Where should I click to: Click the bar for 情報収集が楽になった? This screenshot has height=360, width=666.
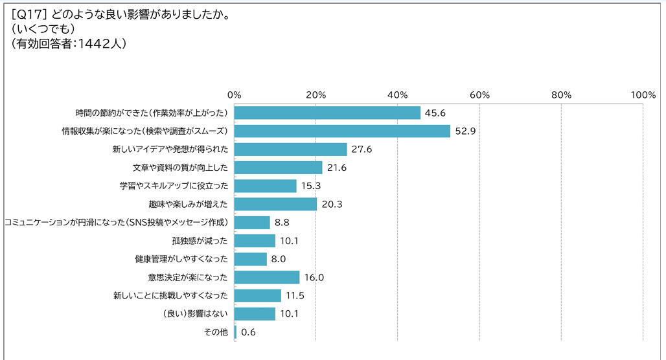(342, 131)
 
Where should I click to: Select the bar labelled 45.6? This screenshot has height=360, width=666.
(327, 113)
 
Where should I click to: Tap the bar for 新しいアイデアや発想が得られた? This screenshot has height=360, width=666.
(290, 150)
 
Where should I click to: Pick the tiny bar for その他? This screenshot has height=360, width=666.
(235, 332)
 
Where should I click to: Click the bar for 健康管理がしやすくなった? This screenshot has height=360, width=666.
(251, 259)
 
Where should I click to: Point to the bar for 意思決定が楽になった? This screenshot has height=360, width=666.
(267, 277)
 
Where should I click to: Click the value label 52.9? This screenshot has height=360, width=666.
(465, 131)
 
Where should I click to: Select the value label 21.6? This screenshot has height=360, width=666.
(338, 168)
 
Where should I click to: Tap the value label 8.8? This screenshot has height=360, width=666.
(282, 223)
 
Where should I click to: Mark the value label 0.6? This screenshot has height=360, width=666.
(247, 333)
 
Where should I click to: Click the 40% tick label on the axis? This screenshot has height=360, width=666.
(397, 95)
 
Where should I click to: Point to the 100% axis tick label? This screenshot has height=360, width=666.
(643, 95)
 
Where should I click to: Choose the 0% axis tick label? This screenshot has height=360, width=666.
(234, 95)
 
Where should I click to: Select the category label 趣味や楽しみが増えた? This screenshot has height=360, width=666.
(187, 204)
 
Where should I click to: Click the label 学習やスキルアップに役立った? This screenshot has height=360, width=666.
(174, 186)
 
